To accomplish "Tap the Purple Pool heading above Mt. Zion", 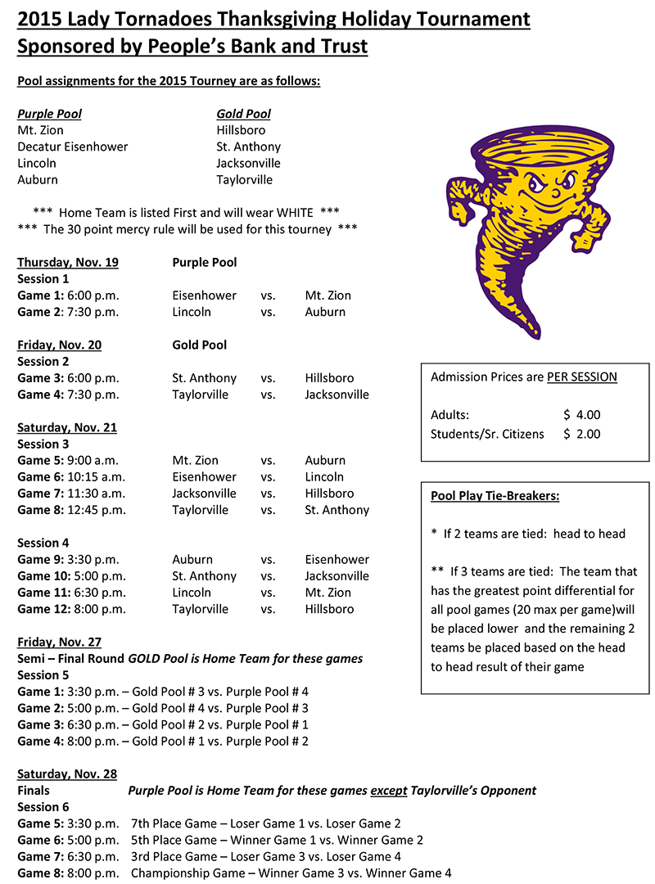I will tap(50, 114).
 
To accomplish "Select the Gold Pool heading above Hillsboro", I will tap(244, 114).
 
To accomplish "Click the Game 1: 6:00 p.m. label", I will tap(68, 295).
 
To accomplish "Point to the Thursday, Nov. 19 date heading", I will tap(68, 263).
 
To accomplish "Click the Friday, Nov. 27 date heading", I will tap(60, 643).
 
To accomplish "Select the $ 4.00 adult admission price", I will tap(582, 415).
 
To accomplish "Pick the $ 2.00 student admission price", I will tap(582, 435).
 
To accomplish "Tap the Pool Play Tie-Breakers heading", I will tap(495, 496).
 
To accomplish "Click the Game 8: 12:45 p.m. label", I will tap(72, 510).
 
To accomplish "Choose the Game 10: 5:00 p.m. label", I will tap(71, 576).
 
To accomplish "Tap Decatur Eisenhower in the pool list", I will tap(73, 147).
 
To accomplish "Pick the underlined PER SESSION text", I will tap(582, 377).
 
